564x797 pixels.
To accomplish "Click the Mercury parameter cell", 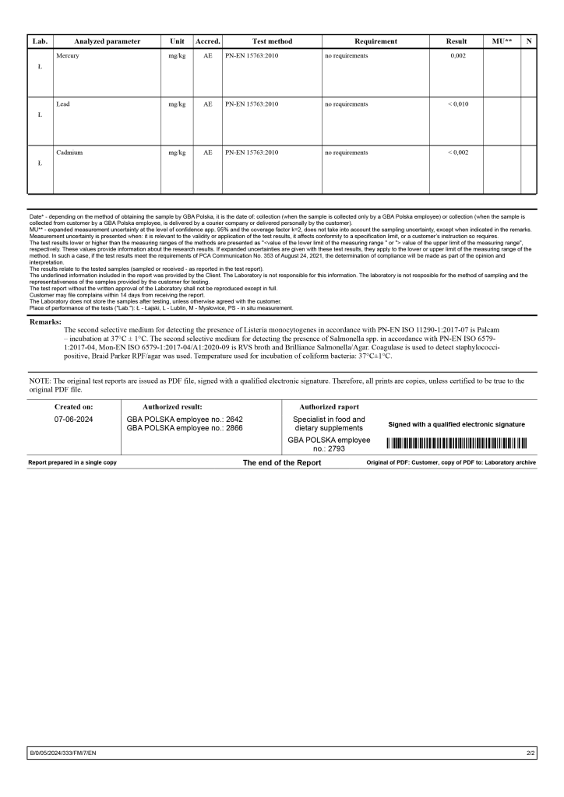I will tap(68, 56).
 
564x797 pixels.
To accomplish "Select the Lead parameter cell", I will tap(63, 104).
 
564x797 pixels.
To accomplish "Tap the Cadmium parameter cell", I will tap(69, 153).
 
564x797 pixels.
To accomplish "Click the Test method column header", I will tap(272, 41).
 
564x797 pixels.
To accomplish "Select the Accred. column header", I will tap(207, 41).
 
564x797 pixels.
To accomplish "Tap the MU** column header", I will tap(502, 41).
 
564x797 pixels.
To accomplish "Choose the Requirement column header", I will tap(375, 41).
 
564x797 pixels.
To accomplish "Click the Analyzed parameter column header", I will tap(107, 41).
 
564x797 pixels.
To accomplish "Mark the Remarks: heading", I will tap(45, 321).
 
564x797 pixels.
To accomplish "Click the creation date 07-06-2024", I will tap(73, 419).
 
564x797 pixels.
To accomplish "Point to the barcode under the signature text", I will tap(456, 444).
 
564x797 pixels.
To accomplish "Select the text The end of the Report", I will tap(281, 462).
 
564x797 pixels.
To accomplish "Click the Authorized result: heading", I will tap(172, 406).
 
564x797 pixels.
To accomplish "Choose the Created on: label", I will tap(73, 406).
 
